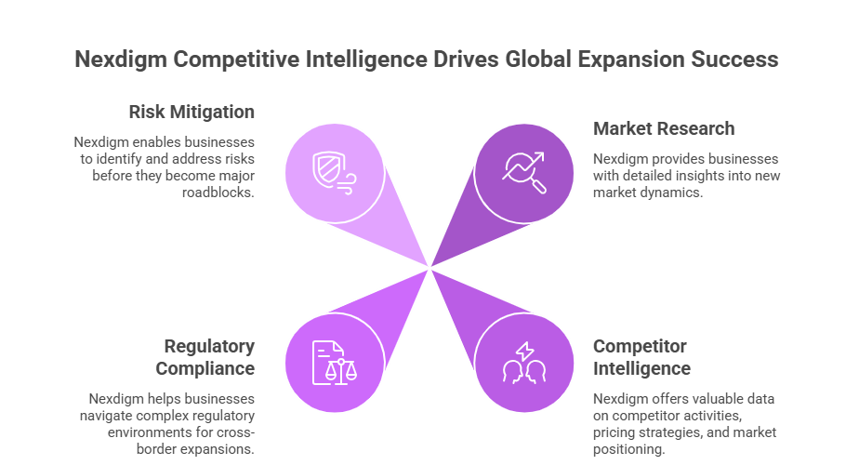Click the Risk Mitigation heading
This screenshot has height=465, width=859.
coord(192,112)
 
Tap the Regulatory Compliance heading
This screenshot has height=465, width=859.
coord(208,357)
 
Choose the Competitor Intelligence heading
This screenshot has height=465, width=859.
coord(641,357)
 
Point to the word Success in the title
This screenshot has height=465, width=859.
coord(742,60)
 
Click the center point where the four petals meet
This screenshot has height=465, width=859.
coord(429,267)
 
